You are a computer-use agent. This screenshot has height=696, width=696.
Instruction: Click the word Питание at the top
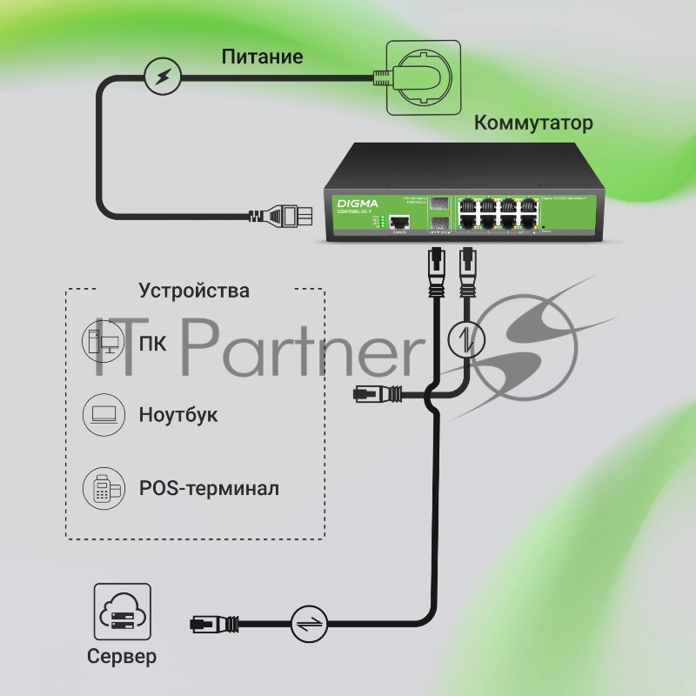[262, 58]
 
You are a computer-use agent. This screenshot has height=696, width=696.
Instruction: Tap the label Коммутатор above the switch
[532, 123]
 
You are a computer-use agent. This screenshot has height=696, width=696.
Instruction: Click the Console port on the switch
[400, 221]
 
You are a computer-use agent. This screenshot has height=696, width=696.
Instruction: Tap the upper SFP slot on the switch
[439, 202]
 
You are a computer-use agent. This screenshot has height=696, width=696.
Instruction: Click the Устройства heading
[194, 291]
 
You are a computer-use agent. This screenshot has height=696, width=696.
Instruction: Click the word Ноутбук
[178, 414]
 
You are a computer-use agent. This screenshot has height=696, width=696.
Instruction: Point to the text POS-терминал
[209, 488]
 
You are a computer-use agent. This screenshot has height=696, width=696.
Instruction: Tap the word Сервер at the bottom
[122, 656]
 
